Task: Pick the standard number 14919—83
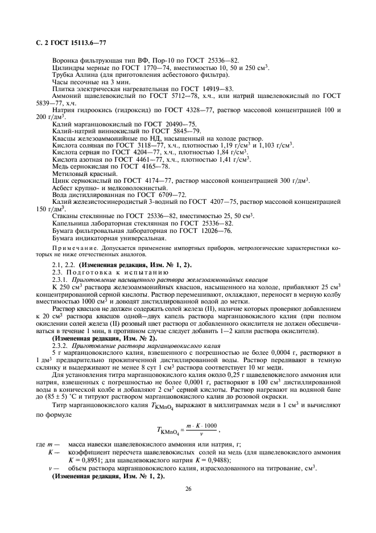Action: pyautogui.click(x=216, y=89)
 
